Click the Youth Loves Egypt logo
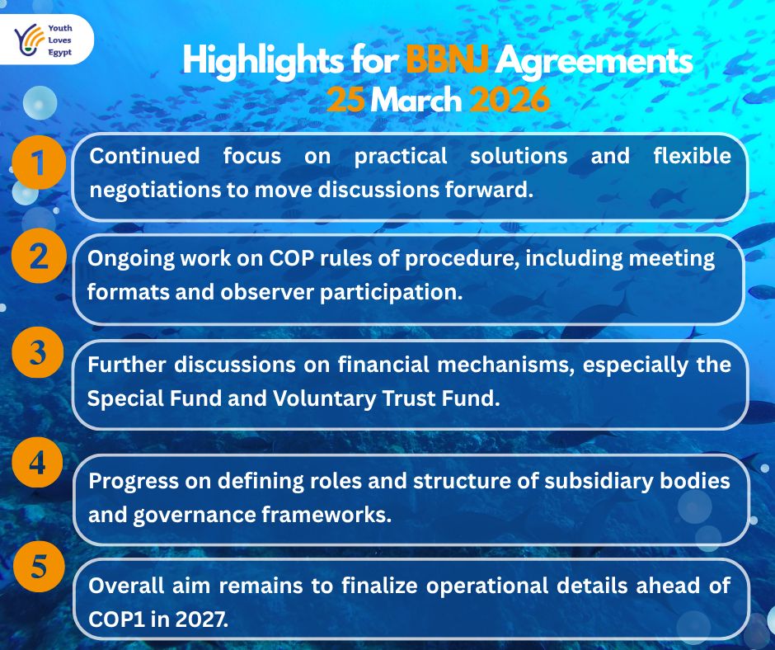pyautogui.click(x=47, y=39)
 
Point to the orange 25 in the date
pyautogui.click(x=345, y=101)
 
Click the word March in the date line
pyautogui.click(x=416, y=101)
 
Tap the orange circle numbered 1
pyautogui.click(x=39, y=163)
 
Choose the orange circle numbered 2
pyautogui.click(x=39, y=257)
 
